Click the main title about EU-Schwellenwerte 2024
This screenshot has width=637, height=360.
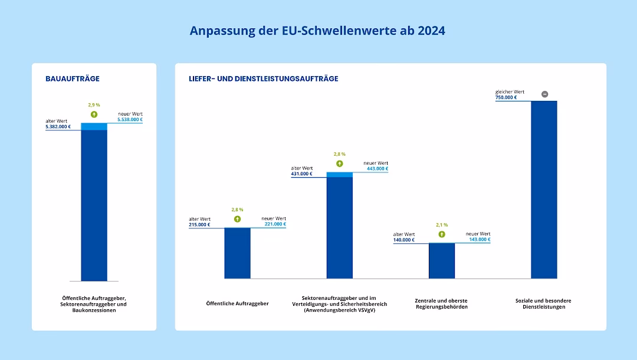(x=317, y=31)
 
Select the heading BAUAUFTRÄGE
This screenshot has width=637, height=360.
(x=73, y=78)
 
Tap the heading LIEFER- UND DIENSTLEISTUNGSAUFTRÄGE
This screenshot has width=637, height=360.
(x=264, y=78)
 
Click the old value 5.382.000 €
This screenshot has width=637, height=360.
(x=58, y=126)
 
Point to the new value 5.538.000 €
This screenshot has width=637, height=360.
(x=130, y=120)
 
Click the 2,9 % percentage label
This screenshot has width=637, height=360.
(x=94, y=105)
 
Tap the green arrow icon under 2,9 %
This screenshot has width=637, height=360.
(x=94, y=114)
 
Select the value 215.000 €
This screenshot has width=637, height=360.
(x=199, y=224)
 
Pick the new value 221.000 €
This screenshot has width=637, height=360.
(x=275, y=224)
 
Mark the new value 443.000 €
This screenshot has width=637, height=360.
(x=377, y=169)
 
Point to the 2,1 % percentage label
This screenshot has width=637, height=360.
(x=442, y=225)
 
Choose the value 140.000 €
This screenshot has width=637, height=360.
(x=404, y=240)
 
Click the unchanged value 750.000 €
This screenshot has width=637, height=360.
(x=506, y=97)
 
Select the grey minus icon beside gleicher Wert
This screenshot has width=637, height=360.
(x=544, y=94)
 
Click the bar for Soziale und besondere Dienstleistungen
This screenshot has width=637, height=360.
(x=544, y=189)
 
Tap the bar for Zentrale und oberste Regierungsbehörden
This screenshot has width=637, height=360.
(x=442, y=261)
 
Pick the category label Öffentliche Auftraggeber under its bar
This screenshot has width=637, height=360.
(x=237, y=303)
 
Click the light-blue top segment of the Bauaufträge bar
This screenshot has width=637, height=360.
(x=94, y=126)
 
